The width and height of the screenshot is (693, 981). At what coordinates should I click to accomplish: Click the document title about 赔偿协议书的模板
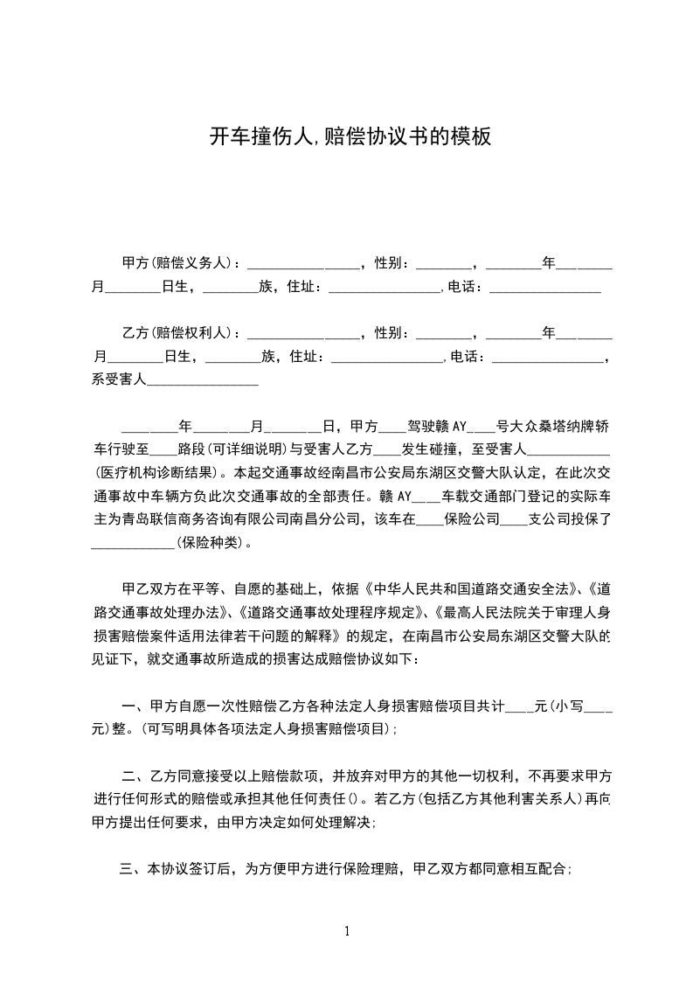pyautogui.click(x=350, y=137)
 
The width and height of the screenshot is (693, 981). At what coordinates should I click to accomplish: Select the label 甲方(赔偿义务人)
pyautogui.click(x=180, y=262)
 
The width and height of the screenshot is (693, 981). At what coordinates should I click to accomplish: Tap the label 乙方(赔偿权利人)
pyautogui.click(x=180, y=333)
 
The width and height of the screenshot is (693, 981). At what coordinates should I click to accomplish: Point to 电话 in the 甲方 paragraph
pyautogui.click(x=463, y=287)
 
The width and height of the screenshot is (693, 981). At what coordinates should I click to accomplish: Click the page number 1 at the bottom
pyautogui.click(x=347, y=931)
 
